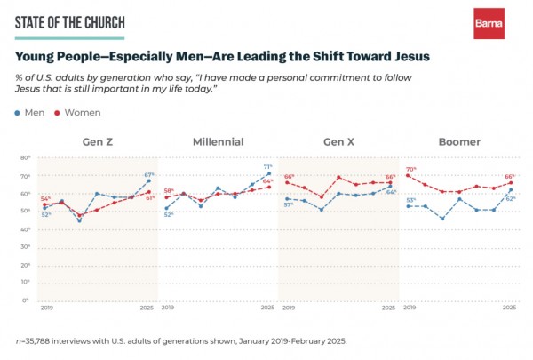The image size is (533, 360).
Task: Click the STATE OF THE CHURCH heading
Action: [x=69, y=21]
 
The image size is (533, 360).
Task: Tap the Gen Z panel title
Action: [x=97, y=142]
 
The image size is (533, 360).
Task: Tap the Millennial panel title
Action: [x=218, y=142]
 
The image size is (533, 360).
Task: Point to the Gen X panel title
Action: [x=338, y=142]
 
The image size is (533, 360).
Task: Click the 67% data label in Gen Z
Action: [x=149, y=174]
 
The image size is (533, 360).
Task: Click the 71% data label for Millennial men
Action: [x=267, y=166]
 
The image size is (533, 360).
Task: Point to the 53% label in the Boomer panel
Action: [x=411, y=200]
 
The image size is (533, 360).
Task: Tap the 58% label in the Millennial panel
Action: [x=169, y=190]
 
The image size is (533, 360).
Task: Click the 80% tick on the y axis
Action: [x=27, y=157]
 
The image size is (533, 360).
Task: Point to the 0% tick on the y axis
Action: [x=28, y=300]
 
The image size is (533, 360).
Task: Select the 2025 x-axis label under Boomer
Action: [x=509, y=308]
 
